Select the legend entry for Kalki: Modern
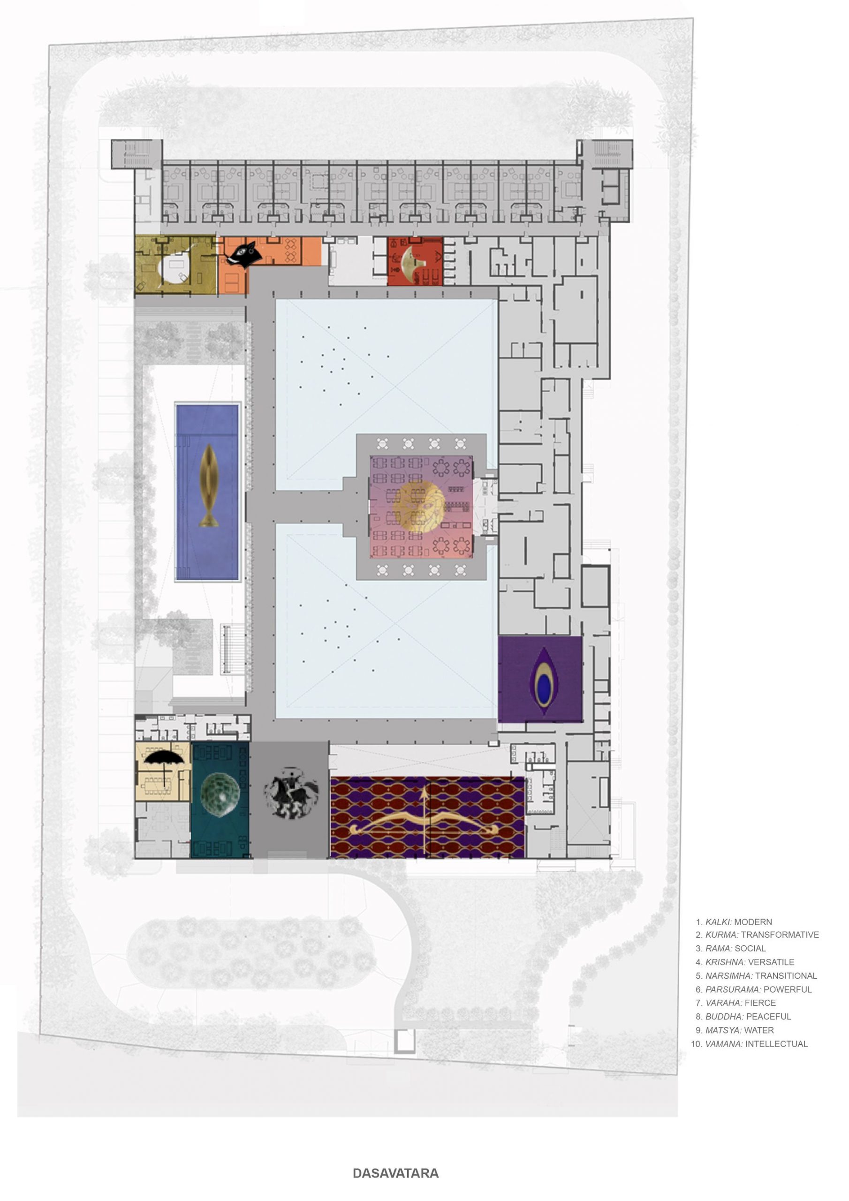(734, 922)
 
